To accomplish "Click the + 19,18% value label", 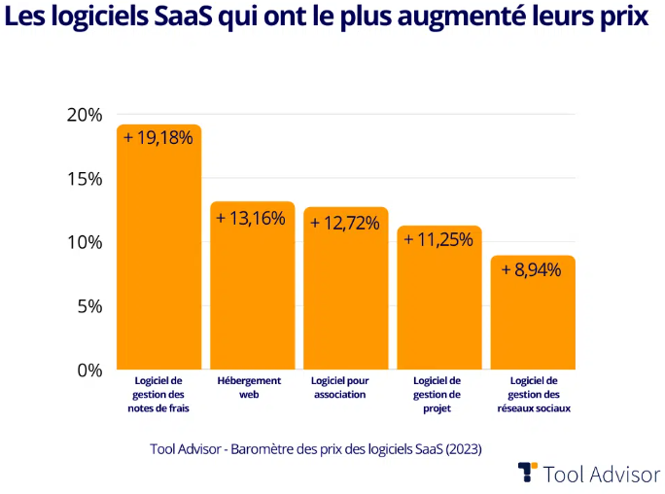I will (158, 138).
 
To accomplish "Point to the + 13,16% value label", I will (252, 218).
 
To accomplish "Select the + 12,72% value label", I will (345, 223).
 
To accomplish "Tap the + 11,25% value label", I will (438, 240).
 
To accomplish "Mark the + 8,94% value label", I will (532, 270).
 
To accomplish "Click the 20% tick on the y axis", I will (85, 115).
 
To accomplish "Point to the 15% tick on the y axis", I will (85, 179).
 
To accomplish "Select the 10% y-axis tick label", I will (85, 242).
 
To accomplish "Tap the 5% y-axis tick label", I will (88, 306).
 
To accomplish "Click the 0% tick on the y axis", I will (88, 370).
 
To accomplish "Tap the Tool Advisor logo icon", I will (527, 473).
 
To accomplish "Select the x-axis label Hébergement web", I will (249, 388).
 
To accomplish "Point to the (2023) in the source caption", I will (463, 449).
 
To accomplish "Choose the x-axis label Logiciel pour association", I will (344, 388).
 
